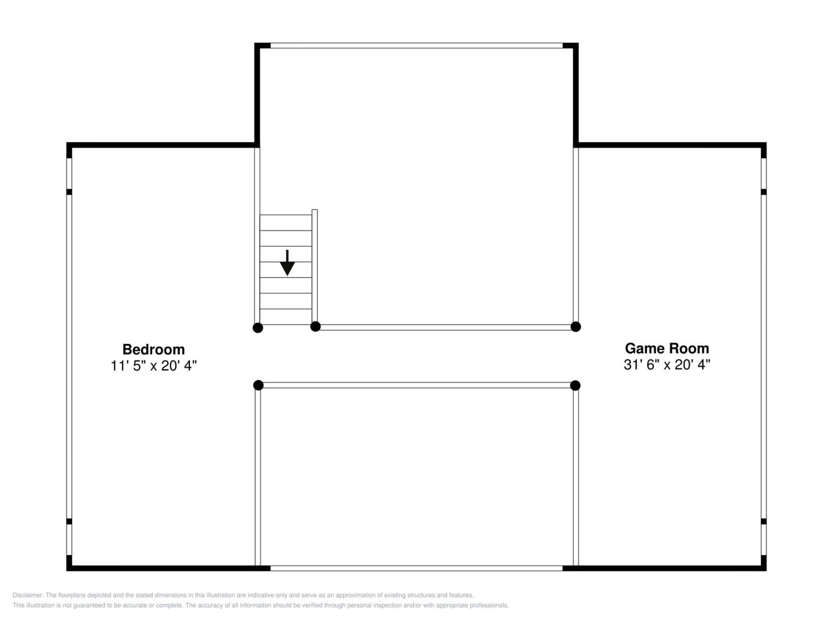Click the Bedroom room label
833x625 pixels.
coord(154,349)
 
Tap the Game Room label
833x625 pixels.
coord(667,349)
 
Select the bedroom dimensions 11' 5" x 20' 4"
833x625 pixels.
coord(154,366)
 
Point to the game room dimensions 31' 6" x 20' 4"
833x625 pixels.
coord(667,365)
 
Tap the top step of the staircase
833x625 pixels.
coord(286,223)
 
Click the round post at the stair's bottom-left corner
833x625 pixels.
coord(258,328)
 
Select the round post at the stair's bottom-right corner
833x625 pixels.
coord(316,327)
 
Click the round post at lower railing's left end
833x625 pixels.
coord(258,385)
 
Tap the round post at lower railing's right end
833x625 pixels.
coord(575,385)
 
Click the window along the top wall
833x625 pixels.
coord(416,46)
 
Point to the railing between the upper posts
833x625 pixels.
coord(445,327)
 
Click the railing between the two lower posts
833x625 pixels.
coord(417,385)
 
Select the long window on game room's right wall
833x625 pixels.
coord(764,356)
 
